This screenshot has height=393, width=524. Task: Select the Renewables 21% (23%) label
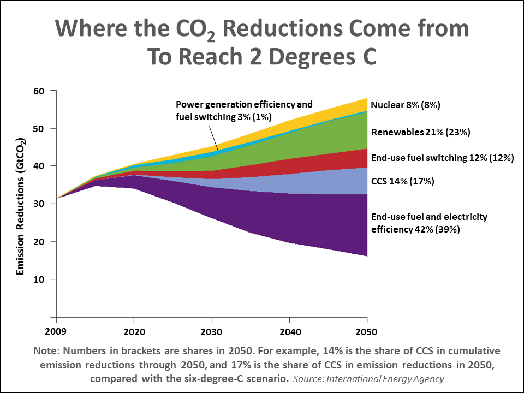pos(420,132)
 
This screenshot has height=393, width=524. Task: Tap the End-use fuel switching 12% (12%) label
pos(442,158)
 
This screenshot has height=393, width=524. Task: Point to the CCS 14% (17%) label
pos(402,181)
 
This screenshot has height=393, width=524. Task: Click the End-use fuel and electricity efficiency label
pos(429,223)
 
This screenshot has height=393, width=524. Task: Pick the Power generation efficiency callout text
pos(244,110)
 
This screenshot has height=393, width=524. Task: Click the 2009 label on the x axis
pos(56,331)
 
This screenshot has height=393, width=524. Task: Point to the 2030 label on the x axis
pos(212,331)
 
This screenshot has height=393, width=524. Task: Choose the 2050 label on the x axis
pos(367,331)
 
